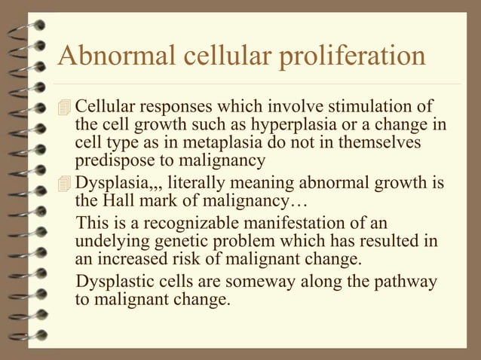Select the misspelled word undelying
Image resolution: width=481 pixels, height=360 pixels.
point(109,243)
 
